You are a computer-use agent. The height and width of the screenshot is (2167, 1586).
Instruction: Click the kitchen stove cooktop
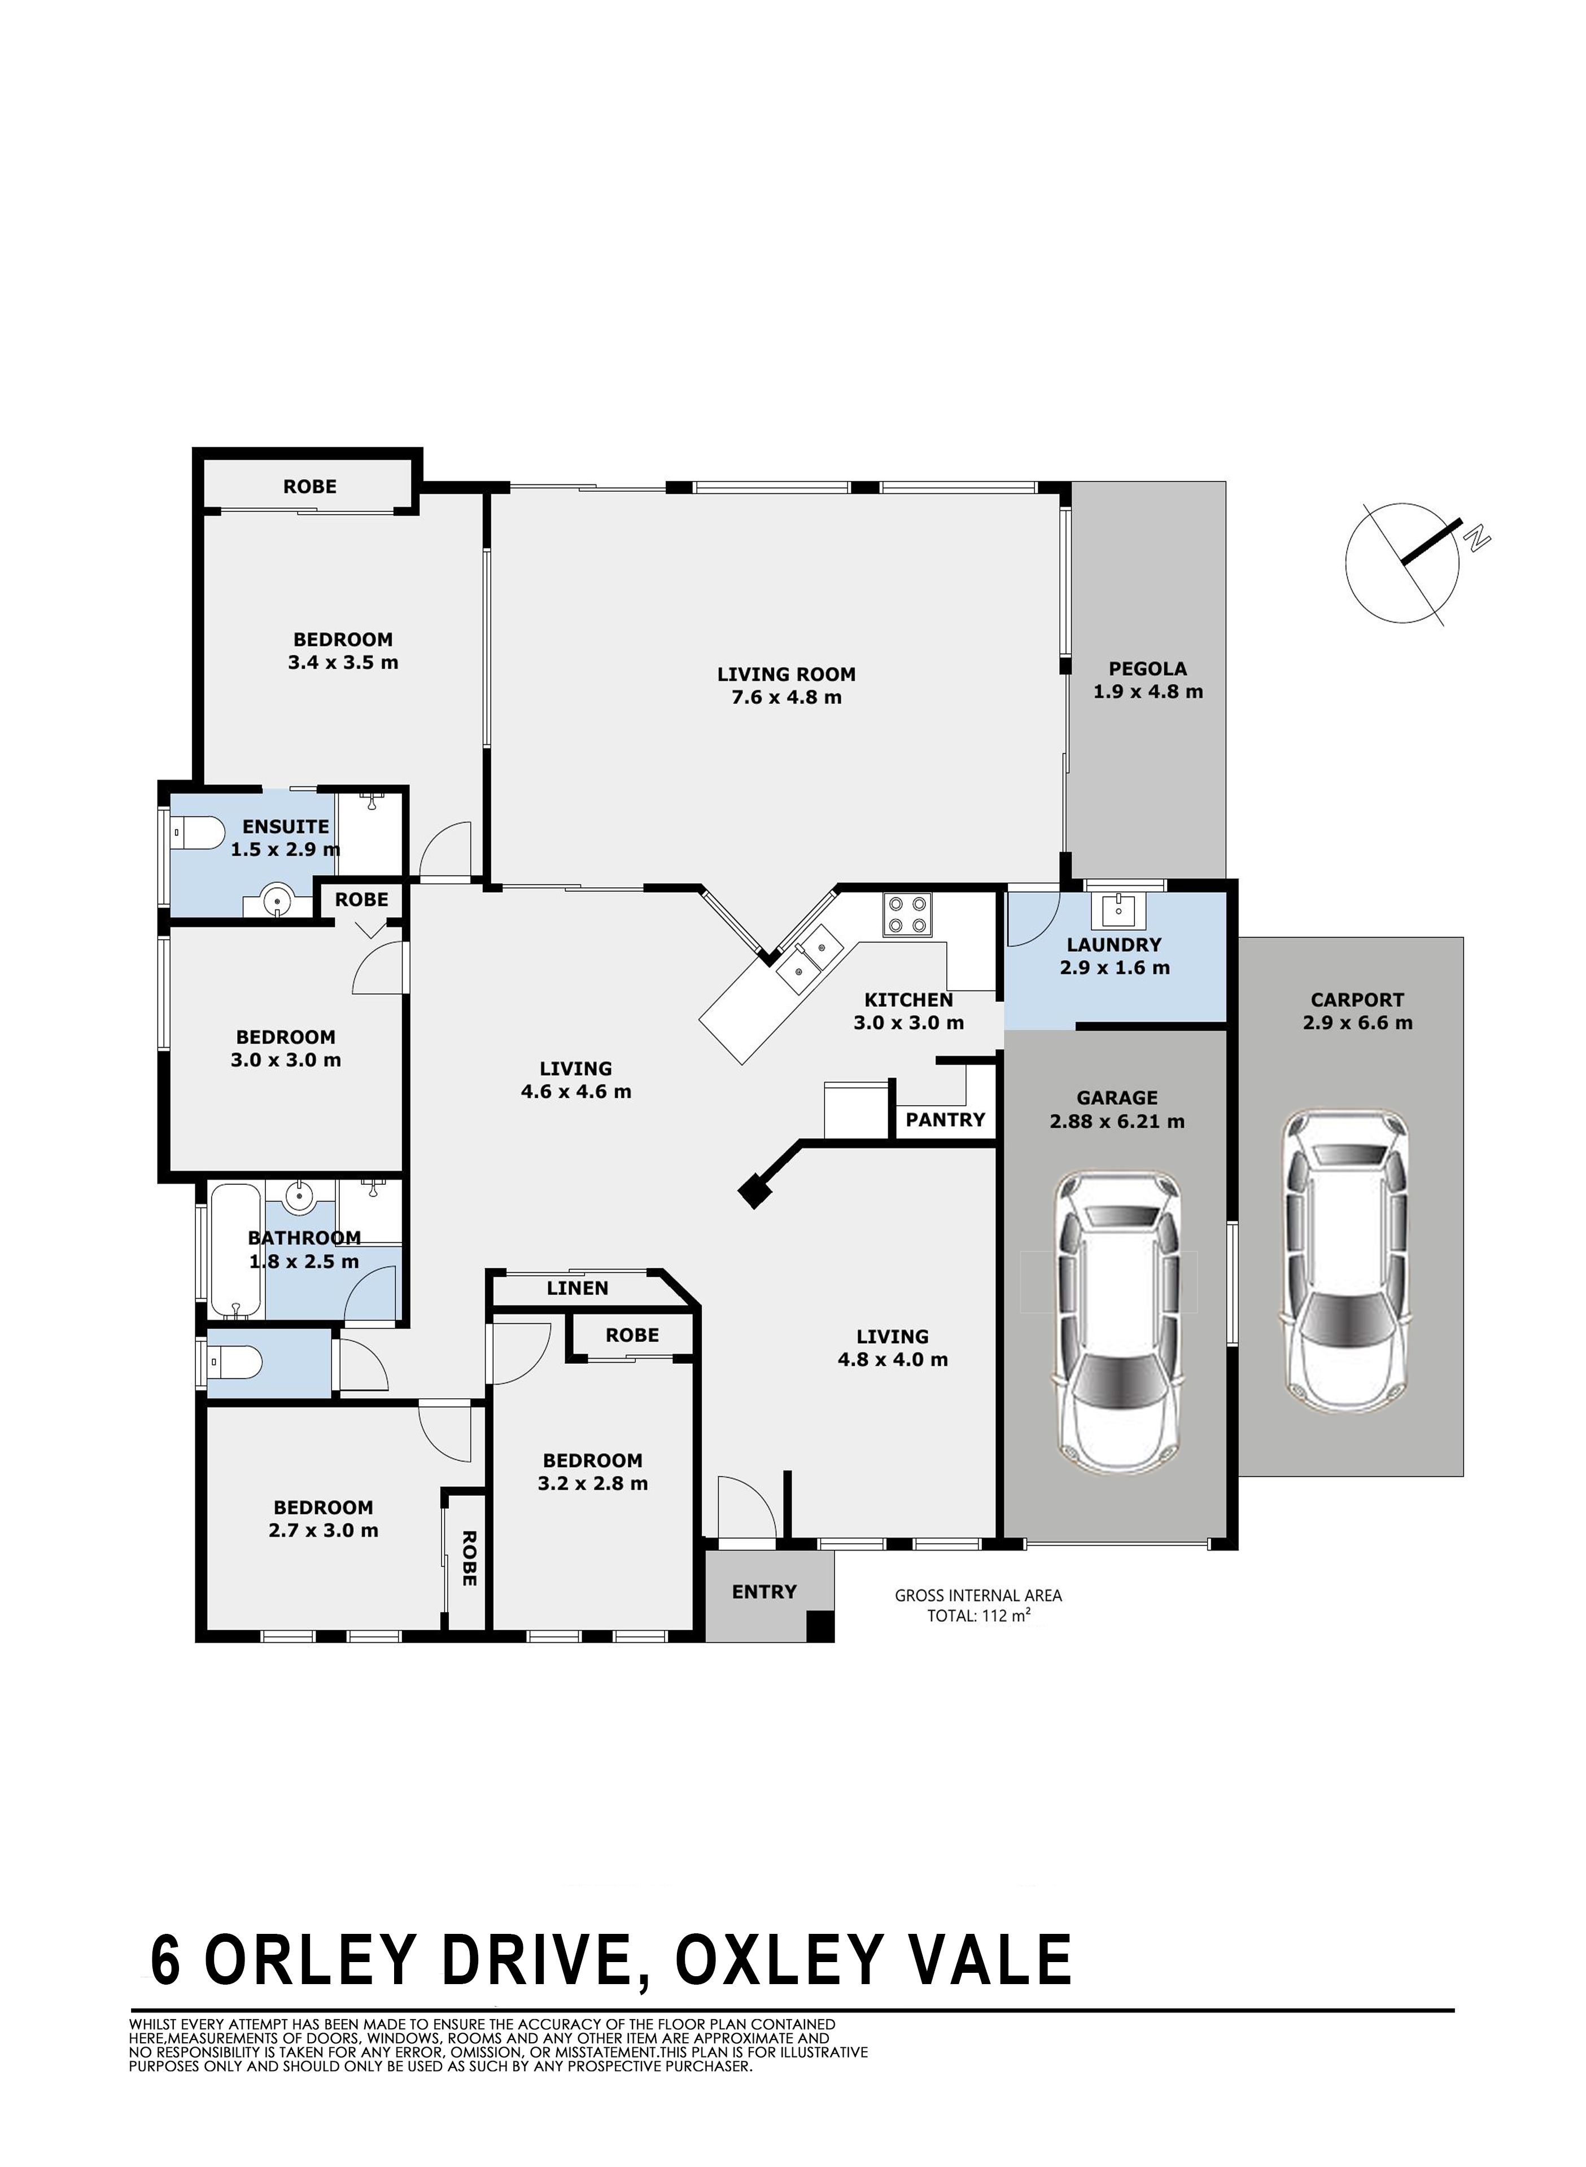click(x=907, y=914)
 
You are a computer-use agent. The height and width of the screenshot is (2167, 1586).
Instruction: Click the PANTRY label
click(x=946, y=1120)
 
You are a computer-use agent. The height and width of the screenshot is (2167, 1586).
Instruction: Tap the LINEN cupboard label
click(x=578, y=1289)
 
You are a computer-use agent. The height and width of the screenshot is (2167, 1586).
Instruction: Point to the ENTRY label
click(x=764, y=1592)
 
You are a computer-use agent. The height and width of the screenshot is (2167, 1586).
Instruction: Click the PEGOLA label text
click(x=1147, y=669)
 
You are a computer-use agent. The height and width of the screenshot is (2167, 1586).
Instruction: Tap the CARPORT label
click(x=1357, y=1000)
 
